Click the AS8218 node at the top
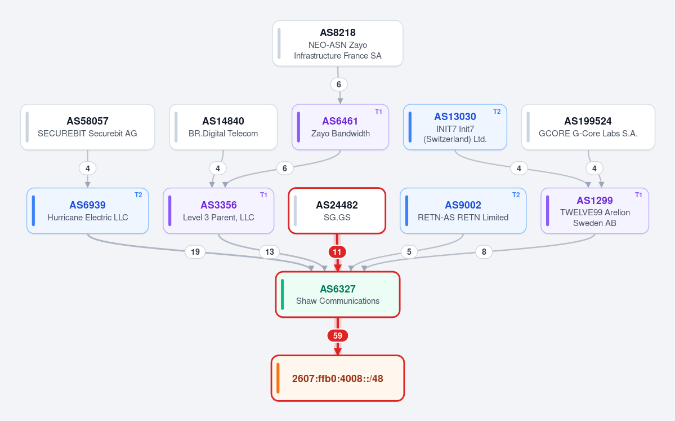click(x=338, y=43)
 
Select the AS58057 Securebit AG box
click(x=87, y=127)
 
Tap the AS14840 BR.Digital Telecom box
click(x=223, y=127)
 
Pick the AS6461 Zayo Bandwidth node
click(x=340, y=127)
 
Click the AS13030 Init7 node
click(x=455, y=127)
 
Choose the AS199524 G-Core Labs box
click(x=588, y=127)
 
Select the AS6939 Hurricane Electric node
click(x=87, y=211)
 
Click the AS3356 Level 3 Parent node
click(x=218, y=211)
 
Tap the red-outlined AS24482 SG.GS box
click(x=337, y=211)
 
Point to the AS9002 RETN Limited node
click(x=463, y=211)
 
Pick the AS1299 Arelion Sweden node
click(x=594, y=211)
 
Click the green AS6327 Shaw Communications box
click(x=338, y=294)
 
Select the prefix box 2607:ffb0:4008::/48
click(x=338, y=378)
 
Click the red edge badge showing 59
click(x=338, y=336)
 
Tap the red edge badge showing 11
click(x=337, y=252)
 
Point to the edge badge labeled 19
click(x=195, y=252)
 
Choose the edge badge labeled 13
click(x=270, y=252)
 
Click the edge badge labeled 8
click(x=484, y=252)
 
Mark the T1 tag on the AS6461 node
click(x=378, y=112)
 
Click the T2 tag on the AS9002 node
click(x=516, y=195)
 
